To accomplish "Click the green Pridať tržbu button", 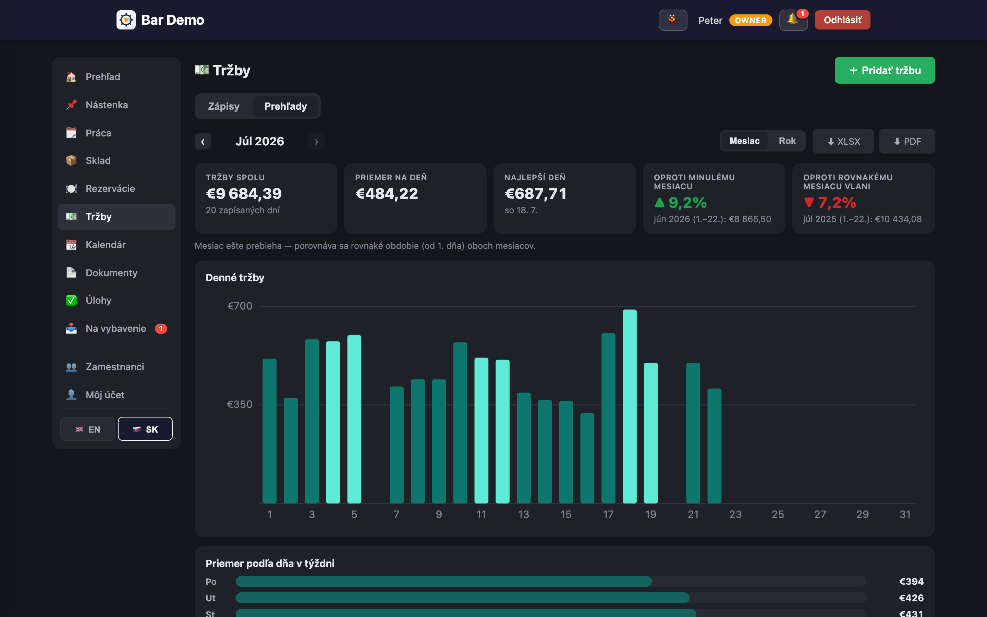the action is coord(884,70).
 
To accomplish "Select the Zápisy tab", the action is coord(223,106).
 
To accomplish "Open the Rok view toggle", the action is coord(787,141).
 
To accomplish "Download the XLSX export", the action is coord(843,141).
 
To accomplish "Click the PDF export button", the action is coord(907,141).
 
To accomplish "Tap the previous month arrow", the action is coord(203,142).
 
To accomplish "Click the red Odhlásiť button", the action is coord(842,20).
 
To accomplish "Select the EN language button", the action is coord(88,429).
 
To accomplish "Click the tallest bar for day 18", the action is coord(629,407).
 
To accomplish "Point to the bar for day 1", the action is coord(269,431).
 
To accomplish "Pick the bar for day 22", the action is coord(714,446).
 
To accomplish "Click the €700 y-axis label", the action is coord(240,306).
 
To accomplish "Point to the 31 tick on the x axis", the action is coord(905,514).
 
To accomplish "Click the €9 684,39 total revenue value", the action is coord(244,193).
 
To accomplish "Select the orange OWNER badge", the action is coord(751,21).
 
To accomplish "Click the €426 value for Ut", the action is coord(911,598).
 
